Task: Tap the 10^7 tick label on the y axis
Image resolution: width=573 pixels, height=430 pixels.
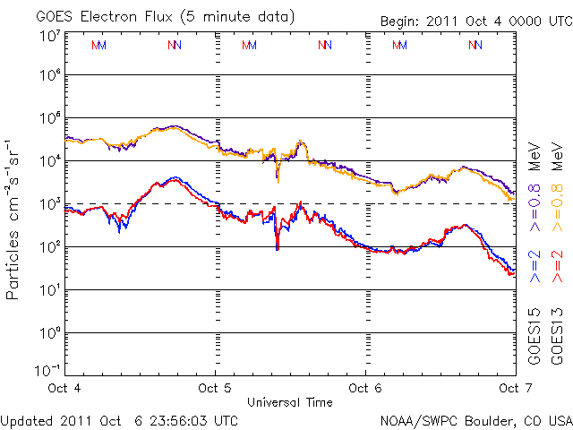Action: tap(48, 36)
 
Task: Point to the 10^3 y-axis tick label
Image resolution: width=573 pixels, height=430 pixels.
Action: tap(48, 204)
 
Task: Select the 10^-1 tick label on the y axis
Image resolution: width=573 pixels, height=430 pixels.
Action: tap(48, 371)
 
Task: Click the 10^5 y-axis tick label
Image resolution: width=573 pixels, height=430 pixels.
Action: tap(48, 120)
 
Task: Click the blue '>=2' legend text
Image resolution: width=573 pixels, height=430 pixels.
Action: tap(535, 267)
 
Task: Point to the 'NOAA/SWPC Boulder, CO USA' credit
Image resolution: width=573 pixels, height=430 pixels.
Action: tap(475, 419)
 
